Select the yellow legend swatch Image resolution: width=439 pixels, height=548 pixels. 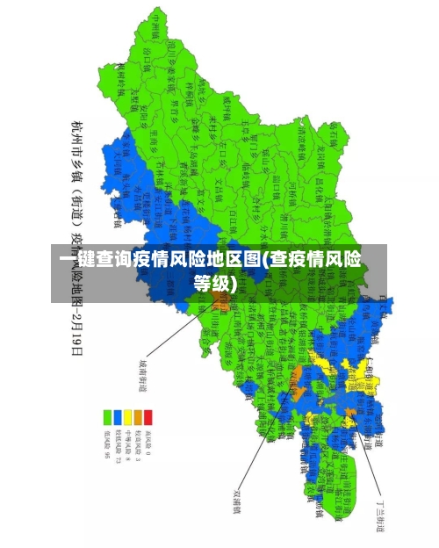(x=126, y=415)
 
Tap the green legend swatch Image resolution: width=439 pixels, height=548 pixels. (x=105, y=415)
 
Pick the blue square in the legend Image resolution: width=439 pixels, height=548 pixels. (x=116, y=415)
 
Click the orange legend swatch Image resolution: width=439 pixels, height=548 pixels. (x=138, y=415)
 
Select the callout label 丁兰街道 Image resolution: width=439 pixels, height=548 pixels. (x=380, y=510)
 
